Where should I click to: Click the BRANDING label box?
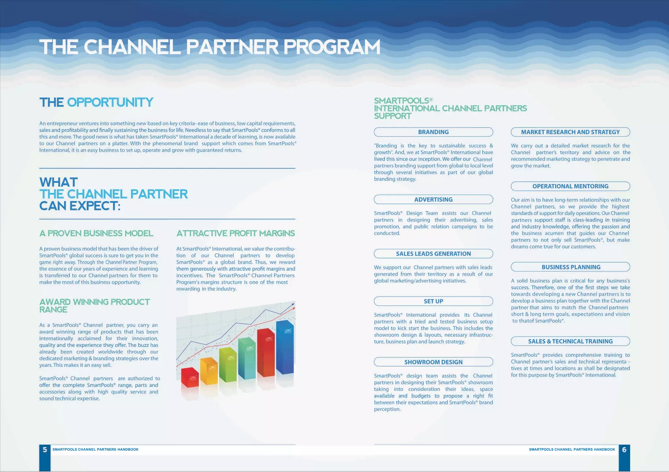pos(433,132)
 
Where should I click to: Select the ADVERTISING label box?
pos(433,199)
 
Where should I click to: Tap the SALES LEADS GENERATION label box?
pos(433,254)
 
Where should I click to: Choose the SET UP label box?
pos(433,301)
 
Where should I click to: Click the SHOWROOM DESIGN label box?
pos(433,362)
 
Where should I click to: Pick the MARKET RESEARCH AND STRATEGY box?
pos(570,132)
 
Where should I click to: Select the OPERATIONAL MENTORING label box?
pos(570,186)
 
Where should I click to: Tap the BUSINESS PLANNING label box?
pos(570,267)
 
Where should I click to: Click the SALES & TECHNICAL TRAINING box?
pos(570,341)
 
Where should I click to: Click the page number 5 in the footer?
pos(45,450)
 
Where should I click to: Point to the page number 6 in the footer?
pos(624,450)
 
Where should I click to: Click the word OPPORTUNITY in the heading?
pos(110,102)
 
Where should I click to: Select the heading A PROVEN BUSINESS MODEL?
pos(96,233)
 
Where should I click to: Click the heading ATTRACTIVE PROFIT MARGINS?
pos(236,233)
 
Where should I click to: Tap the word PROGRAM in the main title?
pos(332,47)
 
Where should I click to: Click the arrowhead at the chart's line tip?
pos(293,304)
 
